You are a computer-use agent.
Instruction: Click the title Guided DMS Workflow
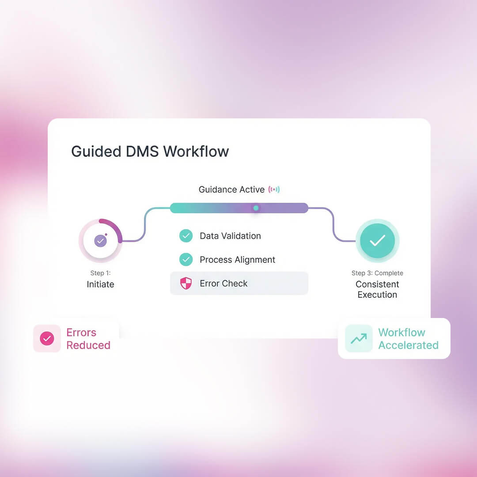(x=150, y=151)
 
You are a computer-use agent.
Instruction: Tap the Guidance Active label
(x=231, y=189)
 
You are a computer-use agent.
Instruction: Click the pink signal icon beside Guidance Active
(x=274, y=189)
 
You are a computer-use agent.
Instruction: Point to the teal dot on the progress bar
(x=256, y=208)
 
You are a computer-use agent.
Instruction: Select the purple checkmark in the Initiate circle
(x=100, y=241)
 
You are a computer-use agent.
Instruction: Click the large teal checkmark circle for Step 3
(x=377, y=241)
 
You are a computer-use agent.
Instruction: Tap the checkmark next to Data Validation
(x=186, y=236)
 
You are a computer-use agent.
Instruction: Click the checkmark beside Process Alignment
(x=186, y=260)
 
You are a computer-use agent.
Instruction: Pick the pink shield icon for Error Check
(x=186, y=284)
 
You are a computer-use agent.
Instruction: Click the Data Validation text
(x=230, y=236)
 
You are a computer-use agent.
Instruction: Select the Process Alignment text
(x=237, y=260)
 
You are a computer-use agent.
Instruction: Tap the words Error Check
(x=223, y=284)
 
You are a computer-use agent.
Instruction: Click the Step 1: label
(x=100, y=273)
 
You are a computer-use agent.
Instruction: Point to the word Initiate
(x=100, y=284)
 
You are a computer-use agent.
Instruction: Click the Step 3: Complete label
(x=377, y=273)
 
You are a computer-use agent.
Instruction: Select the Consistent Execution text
(x=377, y=289)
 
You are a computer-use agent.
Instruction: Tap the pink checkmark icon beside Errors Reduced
(x=47, y=339)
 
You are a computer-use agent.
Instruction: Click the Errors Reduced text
(x=88, y=339)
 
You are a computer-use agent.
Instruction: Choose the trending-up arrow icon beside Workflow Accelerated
(x=359, y=339)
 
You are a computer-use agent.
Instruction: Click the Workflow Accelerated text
(x=408, y=339)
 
